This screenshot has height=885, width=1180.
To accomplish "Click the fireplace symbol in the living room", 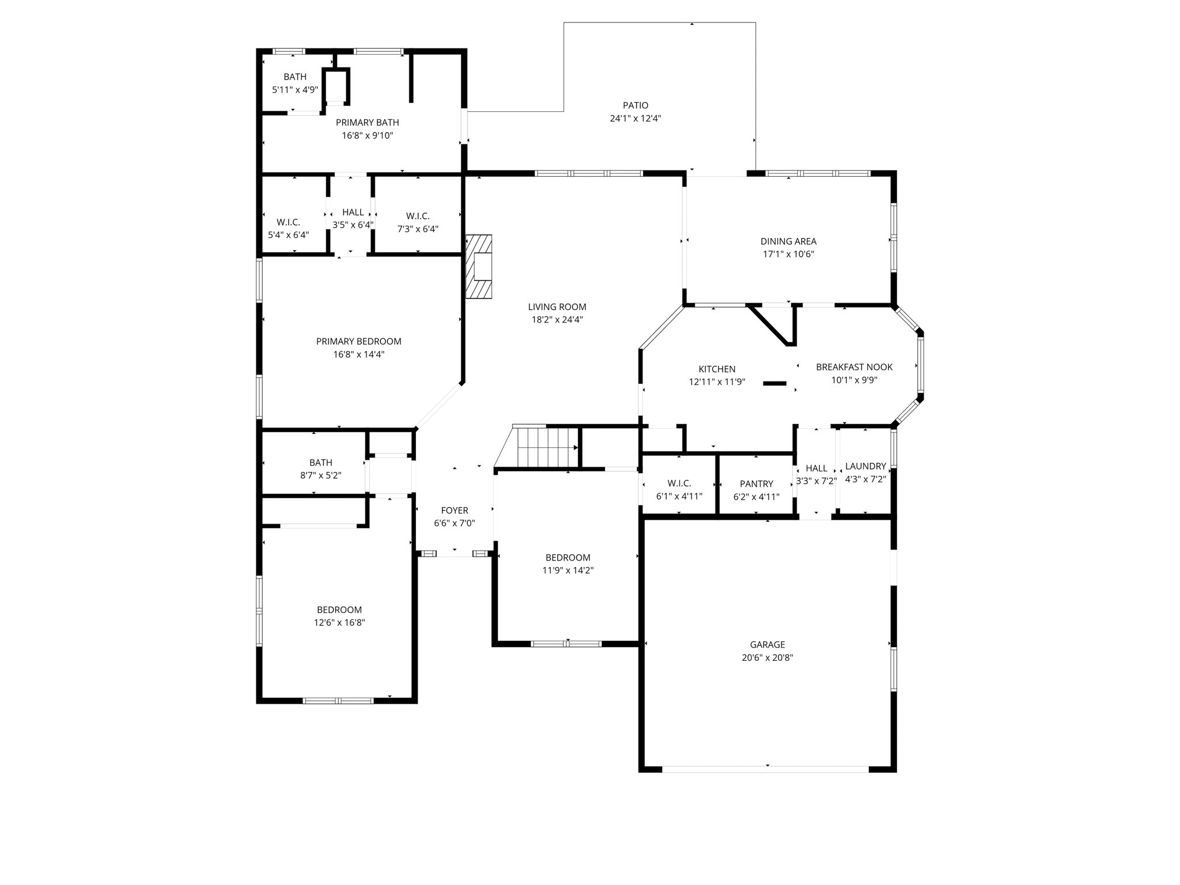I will [479, 266].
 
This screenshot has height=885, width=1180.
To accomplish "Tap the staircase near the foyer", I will [547, 447].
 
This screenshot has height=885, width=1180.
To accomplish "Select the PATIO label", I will [636, 105].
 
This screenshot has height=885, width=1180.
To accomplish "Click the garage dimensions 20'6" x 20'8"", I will [767, 657].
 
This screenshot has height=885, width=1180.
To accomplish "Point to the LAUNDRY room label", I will [865, 466].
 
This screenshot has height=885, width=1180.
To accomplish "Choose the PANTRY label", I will [757, 484].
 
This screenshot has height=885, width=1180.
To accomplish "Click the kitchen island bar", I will [774, 383].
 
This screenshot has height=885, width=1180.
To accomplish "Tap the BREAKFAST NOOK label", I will [854, 367].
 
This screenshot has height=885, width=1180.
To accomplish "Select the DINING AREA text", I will [788, 241].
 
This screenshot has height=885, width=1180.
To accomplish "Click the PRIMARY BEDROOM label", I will [358, 341].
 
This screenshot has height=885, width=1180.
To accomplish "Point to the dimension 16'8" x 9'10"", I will [367, 135].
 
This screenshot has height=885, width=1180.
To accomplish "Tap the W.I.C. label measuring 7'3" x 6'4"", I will [418, 216].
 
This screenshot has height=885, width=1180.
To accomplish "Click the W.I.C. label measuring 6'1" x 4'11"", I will [679, 483].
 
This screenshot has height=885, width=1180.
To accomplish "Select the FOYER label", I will [455, 510].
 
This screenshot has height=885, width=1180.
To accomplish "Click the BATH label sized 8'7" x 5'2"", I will [320, 463].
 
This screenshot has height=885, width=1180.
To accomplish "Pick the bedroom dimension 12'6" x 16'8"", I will [339, 622].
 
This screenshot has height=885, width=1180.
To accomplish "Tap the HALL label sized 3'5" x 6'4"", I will [353, 212].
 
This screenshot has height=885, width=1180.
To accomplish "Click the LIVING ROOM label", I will [557, 307].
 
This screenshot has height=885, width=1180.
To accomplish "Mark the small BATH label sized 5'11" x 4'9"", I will [295, 77].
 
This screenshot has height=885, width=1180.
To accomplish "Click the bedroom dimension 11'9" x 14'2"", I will [568, 570].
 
